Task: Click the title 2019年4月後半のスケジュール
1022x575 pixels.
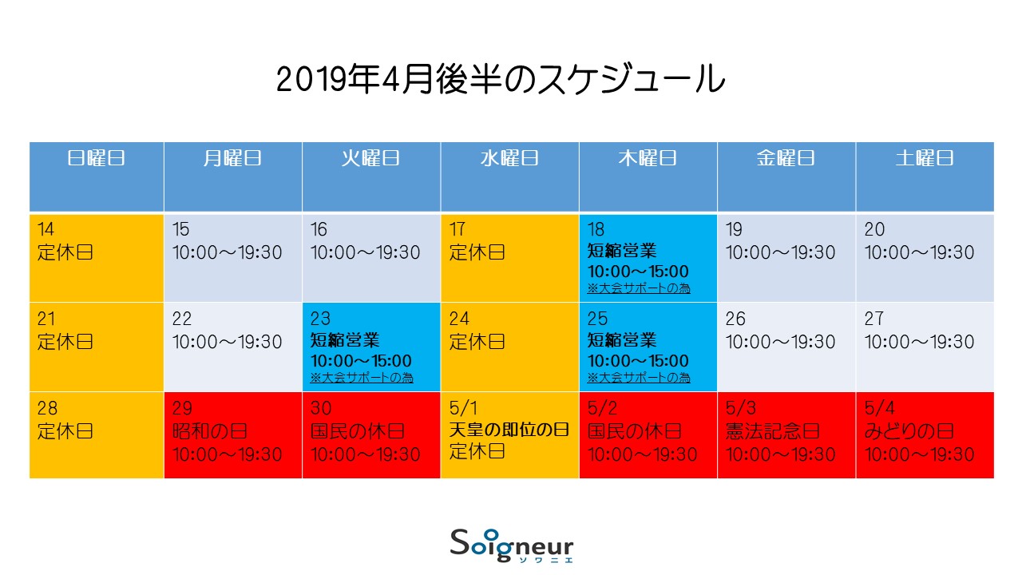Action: pyautogui.click(x=501, y=79)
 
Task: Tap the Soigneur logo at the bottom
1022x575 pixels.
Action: pyautogui.click(x=512, y=545)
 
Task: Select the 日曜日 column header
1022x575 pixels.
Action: pyautogui.click(x=97, y=158)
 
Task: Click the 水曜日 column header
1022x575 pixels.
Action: pyautogui.click(x=509, y=158)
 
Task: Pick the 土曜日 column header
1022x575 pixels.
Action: pyautogui.click(x=925, y=158)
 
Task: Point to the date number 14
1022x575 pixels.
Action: pyautogui.click(x=46, y=229)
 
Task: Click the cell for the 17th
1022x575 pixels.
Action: pyautogui.click(x=509, y=258)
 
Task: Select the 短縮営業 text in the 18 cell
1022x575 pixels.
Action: pyautogui.click(x=621, y=251)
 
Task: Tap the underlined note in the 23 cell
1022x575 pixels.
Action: pyautogui.click(x=362, y=378)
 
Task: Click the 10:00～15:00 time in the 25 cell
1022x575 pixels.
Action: pyautogui.click(x=638, y=361)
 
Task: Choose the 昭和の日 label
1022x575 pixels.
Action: pyautogui.click(x=210, y=431)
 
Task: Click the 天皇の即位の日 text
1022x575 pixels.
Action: pyautogui.click(x=509, y=430)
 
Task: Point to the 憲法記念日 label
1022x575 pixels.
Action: pyautogui.click(x=772, y=431)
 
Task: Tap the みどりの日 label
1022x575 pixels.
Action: pyautogui.click(x=909, y=431)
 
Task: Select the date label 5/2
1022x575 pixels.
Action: pyautogui.click(x=602, y=408)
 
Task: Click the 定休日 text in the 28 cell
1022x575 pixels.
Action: pyautogui.click(x=65, y=431)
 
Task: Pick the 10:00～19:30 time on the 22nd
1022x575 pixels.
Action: pyautogui.click(x=228, y=342)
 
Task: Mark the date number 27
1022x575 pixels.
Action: pyautogui.click(x=873, y=319)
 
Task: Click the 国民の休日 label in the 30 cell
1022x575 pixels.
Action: pyautogui.click(x=357, y=431)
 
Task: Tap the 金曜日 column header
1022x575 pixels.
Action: pyautogui.click(x=786, y=158)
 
